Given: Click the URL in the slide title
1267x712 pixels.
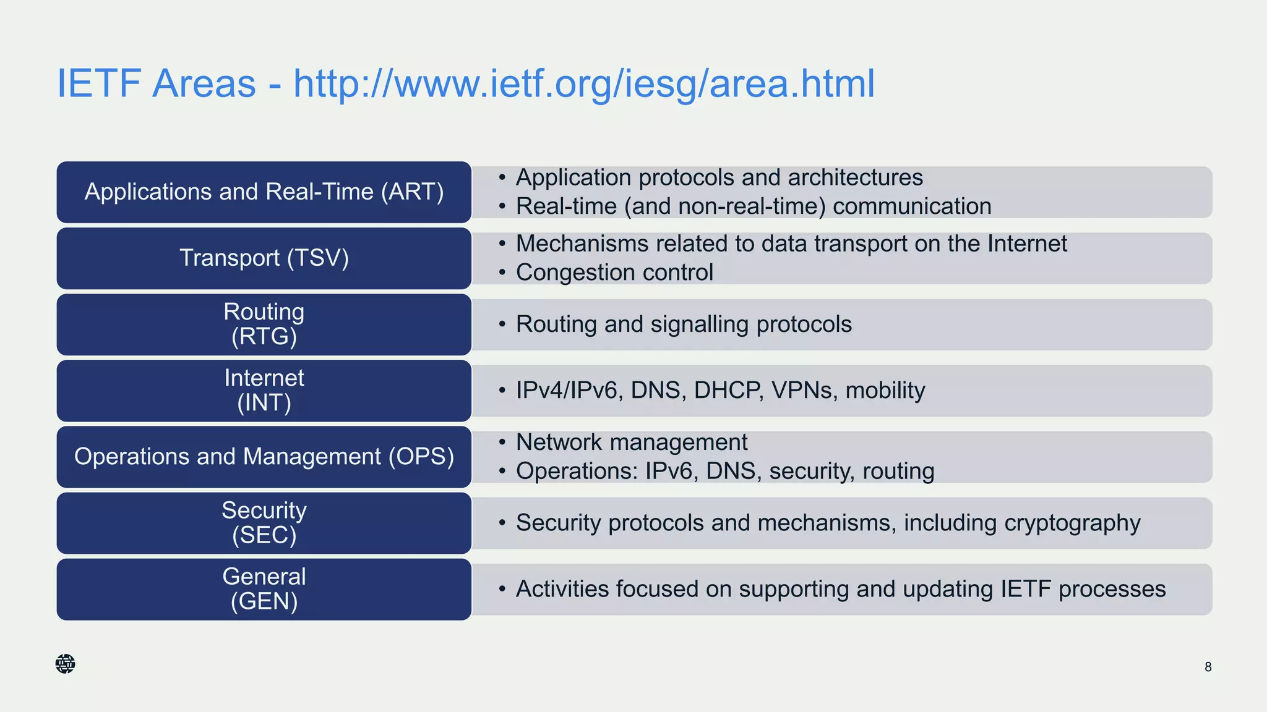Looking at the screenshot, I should coord(584,83).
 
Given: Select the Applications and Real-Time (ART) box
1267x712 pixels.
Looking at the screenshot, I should coord(264,192).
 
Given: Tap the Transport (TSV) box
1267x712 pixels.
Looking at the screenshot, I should coord(264,258).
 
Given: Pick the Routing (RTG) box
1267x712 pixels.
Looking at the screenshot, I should coord(264,324).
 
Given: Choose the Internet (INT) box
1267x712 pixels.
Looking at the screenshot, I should coord(264,391).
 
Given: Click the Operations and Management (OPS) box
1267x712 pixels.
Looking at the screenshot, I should coord(264,457).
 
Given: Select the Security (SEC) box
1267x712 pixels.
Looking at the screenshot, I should coord(264,523).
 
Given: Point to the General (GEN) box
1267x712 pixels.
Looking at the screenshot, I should coord(264,589).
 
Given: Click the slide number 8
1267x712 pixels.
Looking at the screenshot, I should coord(1208,667).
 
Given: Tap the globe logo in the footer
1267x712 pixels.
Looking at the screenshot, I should coord(65,664).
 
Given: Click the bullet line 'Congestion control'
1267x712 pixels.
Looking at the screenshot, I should coord(614,273).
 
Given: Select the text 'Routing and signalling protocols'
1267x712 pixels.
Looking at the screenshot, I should coord(684,324).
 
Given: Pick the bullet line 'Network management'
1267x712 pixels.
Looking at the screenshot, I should coord(632,443).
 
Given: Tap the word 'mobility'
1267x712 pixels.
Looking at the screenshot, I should coord(885,391).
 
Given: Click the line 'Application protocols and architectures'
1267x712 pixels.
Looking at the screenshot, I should coord(719,178).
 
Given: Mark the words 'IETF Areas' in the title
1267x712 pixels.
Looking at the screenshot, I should coord(157,83).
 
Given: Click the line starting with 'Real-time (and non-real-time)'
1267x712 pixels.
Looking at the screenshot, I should coord(754,206).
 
